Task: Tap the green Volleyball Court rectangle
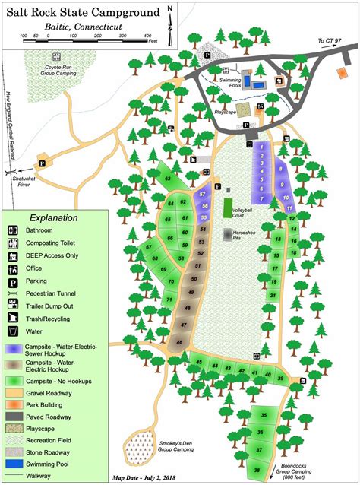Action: (x=227, y=206)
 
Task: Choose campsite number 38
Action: (x=257, y=471)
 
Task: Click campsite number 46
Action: (x=179, y=342)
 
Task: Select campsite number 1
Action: (x=261, y=145)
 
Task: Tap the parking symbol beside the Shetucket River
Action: (x=43, y=162)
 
